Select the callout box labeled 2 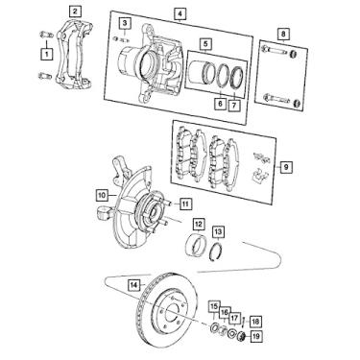pos(76,11)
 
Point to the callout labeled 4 pos(180,12)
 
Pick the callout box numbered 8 pos(279,35)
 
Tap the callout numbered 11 pos(184,203)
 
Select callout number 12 pos(198,226)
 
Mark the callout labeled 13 pos(219,232)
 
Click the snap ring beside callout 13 pos(220,252)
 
